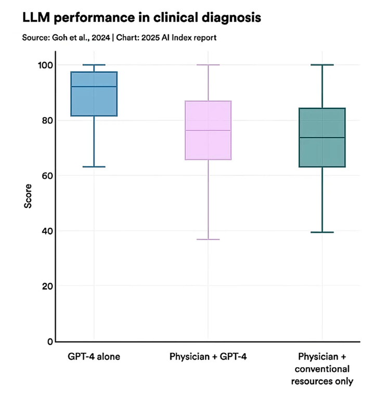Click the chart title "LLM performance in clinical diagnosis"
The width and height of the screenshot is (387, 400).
pyautogui.click(x=141, y=18)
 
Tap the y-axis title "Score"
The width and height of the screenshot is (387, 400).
pyautogui.click(x=28, y=196)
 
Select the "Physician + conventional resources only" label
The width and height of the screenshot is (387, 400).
pyautogui.click(x=322, y=369)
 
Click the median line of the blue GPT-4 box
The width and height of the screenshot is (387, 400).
pyautogui.click(x=94, y=86)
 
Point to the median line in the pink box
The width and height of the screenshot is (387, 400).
pyautogui.click(x=208, y=130)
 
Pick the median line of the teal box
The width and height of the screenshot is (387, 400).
pyautogui.click(x=322, y=137)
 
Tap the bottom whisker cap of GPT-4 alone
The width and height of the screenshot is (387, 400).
pyautogui.click(x=94, y=167)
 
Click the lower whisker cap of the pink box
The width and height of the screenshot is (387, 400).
pyautogui.click(x=208, y=239)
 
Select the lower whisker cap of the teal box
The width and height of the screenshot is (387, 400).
pyautogui.click(x=322, y=232)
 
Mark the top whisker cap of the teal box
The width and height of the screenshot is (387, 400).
pyautogui.click(x=322, y=65)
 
